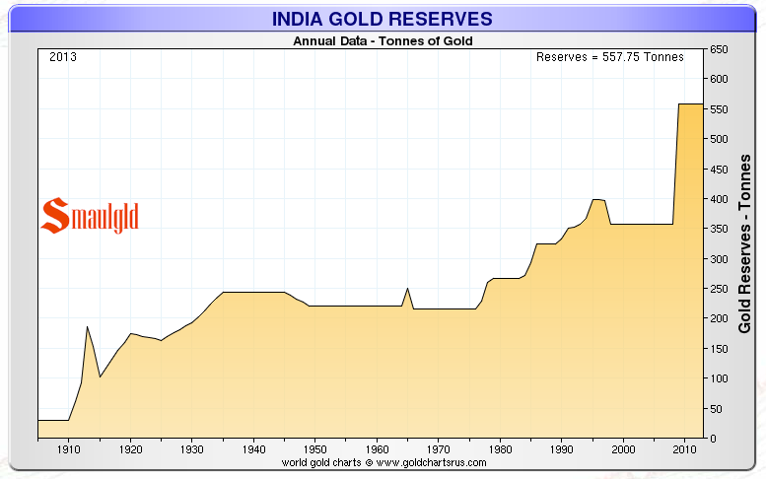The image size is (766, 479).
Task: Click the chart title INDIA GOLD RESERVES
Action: click(x=383, y=20)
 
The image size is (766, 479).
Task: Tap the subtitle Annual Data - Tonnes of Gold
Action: click(x=383, y=41)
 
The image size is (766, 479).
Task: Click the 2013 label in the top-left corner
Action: click(x=63, y=56)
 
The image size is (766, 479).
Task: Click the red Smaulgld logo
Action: click(x=90, y=216)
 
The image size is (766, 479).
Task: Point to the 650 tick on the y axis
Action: click(x=720, y=49)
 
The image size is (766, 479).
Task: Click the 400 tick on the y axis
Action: click(x=720, y=199)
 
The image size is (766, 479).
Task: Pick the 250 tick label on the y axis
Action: click(x=720, y=289)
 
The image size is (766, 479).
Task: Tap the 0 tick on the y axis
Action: click(x=713, y=439)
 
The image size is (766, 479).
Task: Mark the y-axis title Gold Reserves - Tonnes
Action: click(x=746, y=241)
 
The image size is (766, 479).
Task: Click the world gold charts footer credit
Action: click(x=383, y=462)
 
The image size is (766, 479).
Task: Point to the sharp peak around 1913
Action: click(x=87, y=327)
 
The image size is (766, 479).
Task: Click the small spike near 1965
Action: click(x=407, y=289)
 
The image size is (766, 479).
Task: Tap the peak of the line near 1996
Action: click(x=594, y=199)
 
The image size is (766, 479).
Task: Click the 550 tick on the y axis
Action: click(x=720, y=109)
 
